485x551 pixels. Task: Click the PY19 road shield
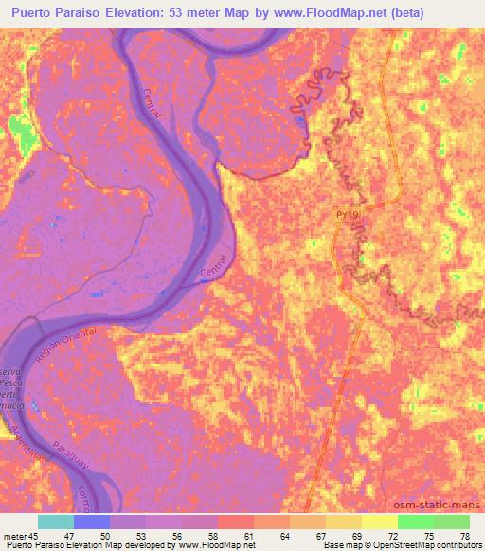347,217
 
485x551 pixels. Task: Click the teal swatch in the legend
56,522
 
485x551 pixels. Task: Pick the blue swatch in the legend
92,522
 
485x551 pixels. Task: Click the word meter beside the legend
14,536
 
